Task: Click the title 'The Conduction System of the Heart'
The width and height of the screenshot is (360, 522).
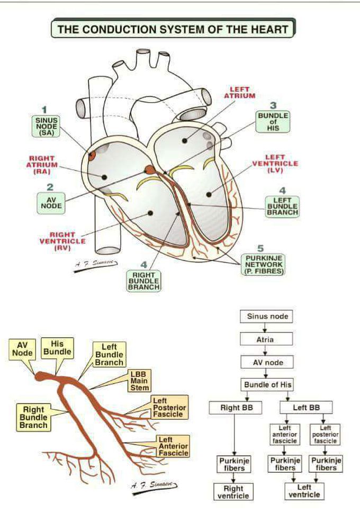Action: (173, 29)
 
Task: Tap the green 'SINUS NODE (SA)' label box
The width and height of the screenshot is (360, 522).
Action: (46, 126)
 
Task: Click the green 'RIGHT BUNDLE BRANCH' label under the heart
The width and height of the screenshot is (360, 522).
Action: (143, 281)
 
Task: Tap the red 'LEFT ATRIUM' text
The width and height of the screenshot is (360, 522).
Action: (239, 93)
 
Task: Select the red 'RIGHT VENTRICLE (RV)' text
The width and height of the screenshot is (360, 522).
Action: (62, 241)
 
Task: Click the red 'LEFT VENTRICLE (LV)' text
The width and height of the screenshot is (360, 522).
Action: (275, 164)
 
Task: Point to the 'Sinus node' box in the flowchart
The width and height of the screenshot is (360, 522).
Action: (268, 317)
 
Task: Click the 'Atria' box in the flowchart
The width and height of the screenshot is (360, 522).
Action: (265, 339)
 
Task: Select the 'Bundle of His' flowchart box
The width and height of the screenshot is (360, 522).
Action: (268, 385)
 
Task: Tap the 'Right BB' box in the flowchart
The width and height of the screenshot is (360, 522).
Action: (233, 408)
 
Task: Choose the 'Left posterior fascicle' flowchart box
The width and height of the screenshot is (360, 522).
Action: (325, 434)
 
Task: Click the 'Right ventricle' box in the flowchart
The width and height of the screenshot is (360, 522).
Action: (233, 492)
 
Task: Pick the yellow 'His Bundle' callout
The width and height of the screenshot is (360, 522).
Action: (57, 348)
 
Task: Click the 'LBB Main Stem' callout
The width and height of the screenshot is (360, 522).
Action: (140, 381)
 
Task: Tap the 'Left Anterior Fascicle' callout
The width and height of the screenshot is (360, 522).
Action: (173, 446)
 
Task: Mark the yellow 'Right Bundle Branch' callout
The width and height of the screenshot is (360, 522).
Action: (33, 417)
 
